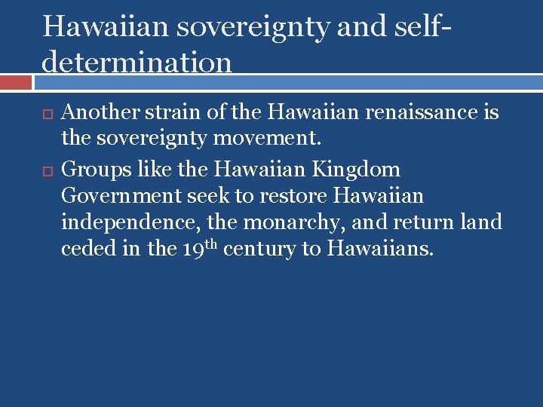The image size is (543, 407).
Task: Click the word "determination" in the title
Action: (137, 62)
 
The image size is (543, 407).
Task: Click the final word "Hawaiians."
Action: (380, 249)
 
